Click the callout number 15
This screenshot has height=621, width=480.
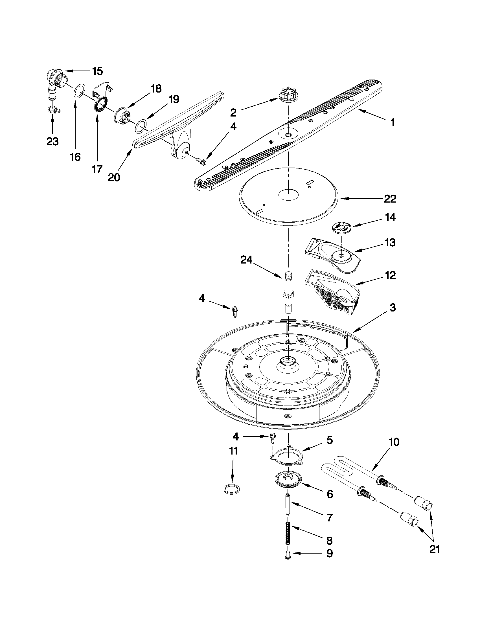(97, 71)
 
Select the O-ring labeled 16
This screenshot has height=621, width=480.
(80, 90)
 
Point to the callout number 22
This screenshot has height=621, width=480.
(390, 199)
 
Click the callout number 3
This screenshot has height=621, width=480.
(393, 308)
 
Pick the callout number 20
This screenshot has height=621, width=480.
(114, 177)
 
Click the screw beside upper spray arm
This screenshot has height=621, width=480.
(201, 160)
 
